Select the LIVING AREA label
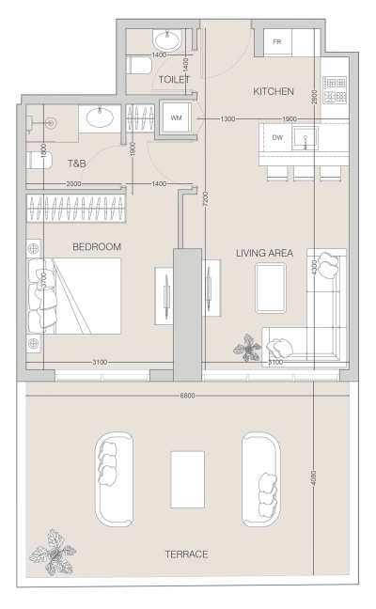click(x=265, y=253)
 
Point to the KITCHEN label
click(x=274, y=92)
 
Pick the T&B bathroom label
click(x=76, y=164)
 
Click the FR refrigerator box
click(x=277, y=42)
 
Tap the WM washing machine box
click(x=176, y=118)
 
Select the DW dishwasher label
click(x=276, y=137)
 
